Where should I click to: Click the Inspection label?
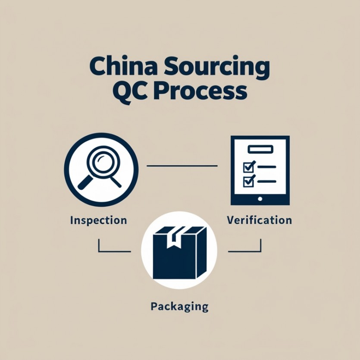(x=98, y=220)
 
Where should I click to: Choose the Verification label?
(x=259, y=220)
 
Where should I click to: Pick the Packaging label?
(x=179, y=307)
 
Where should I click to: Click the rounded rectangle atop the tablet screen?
(x=260, y=149)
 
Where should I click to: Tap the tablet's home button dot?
(x=260, y=199)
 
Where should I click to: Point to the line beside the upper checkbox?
(x=267, y=166)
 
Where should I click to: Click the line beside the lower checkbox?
(x=267, y=182)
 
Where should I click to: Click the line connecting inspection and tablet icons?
(x=182, y=166)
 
